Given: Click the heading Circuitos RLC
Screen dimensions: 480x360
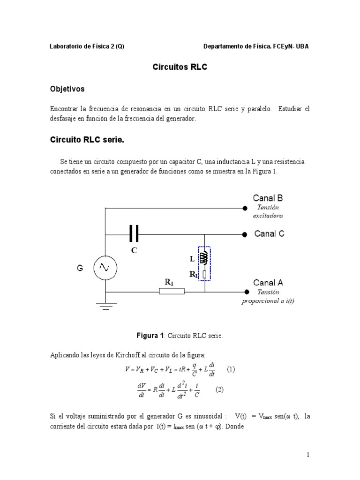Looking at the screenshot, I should [180, 67].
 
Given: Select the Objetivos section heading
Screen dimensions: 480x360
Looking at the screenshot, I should [67, 89].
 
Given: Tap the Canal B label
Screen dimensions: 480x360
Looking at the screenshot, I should [268, 198].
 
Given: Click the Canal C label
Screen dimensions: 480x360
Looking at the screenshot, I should [269, 233].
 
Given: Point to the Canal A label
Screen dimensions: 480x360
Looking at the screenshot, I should [268, 282].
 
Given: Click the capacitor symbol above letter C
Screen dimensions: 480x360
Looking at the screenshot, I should [134, 233].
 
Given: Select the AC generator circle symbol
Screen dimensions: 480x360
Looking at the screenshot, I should [105, 268].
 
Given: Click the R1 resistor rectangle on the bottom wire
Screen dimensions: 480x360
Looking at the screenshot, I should [172, 292].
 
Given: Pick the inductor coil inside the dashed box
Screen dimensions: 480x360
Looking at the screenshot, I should [204, 257].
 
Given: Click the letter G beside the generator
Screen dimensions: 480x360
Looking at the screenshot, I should [80, 268].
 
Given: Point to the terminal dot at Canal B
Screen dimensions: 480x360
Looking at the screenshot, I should [245, 208].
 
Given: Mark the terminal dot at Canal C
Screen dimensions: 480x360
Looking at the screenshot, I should [245, 233].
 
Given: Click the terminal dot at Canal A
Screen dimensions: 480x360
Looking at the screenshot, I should [245, 291].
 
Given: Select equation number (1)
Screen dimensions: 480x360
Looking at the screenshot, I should [231, 369].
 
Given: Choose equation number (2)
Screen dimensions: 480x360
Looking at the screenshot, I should [219, 390].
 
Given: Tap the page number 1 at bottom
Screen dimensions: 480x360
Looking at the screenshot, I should [308, 454].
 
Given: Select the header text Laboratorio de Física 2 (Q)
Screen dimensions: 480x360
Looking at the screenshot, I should [87, 46].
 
